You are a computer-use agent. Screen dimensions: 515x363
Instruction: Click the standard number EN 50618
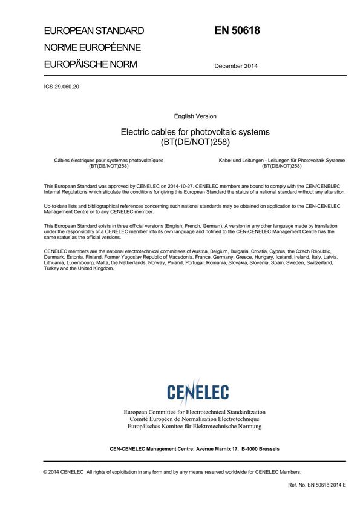click(237, 30)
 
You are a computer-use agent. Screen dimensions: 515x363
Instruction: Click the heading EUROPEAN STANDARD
click(94, 31)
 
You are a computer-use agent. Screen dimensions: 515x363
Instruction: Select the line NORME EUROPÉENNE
click(92, 47)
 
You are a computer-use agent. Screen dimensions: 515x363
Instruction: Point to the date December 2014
click(236, 66)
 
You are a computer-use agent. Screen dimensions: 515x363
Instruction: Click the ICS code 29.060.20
click(69, 87)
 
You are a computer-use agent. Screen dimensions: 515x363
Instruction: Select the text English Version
click(195, 116)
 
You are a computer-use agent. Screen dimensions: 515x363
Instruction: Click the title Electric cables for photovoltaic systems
click(195, 131)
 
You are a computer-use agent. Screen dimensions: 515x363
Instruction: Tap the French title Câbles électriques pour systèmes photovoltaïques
click(109, 160)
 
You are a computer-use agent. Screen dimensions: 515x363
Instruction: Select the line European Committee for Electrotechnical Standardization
click(194, 412)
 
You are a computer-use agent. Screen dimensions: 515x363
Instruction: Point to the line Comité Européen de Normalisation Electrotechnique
click(194, 419)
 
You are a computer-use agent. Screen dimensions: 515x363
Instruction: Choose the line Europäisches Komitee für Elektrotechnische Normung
click(194, 427)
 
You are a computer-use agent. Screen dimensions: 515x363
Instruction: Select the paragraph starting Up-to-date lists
click(192, 209)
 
